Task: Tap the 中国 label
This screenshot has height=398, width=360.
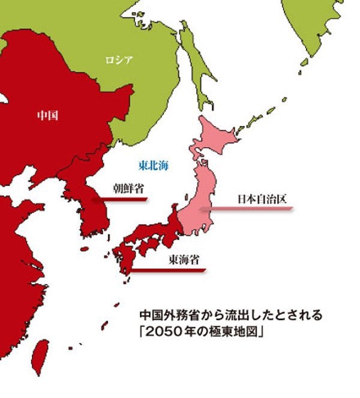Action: [x=47, y=113]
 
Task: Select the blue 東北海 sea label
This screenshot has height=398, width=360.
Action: [x=153, y=164]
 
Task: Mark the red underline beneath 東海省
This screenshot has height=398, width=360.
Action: [x=168, y=270]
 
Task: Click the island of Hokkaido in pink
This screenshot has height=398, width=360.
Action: [x=216, y=135]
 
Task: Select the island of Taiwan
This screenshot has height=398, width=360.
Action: [x=40, y=354]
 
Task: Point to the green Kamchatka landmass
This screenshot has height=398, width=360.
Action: [x=312, y=24]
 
